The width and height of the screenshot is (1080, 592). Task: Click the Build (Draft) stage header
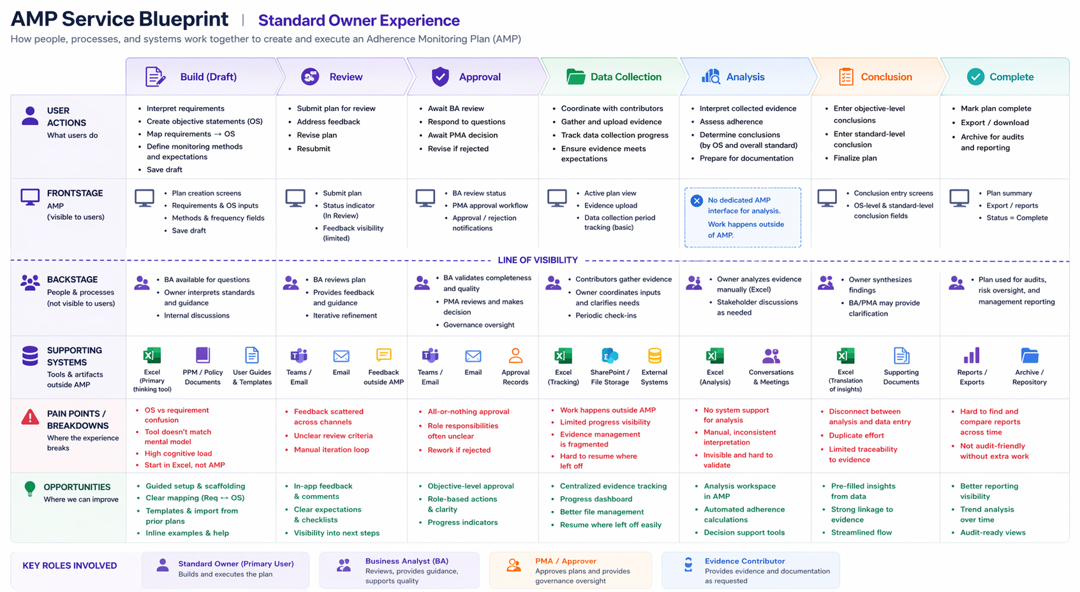[202, 76]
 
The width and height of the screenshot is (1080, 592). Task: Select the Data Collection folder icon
[575, 76]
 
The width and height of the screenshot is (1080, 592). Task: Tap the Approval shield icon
[440, 76]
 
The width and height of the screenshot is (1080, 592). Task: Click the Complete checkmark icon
[975, 76]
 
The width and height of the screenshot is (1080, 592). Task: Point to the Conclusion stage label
[886, 76]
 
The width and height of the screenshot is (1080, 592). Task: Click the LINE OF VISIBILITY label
[538, 260]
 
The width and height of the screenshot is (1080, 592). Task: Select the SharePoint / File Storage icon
[610, 356]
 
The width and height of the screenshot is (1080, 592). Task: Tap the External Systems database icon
[655, 356]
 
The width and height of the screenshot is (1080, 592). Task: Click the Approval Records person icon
[515, 356]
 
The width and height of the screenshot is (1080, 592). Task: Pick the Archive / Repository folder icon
[1030, 356]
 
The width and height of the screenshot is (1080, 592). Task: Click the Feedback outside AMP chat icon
[383, 355]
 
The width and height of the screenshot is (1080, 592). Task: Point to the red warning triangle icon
[30, 417]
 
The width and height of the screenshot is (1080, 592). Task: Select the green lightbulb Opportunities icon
[30, 488]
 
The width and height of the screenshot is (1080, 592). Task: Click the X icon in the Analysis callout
[696, 200]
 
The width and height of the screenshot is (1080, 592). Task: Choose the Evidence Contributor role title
[744, 561]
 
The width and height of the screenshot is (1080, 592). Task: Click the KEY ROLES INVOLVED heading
[70, 565]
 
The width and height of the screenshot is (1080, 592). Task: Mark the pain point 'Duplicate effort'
[856, 435]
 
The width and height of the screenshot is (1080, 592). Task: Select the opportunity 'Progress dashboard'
[596, 499]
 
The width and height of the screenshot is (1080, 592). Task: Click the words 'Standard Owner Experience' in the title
[359, 20]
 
